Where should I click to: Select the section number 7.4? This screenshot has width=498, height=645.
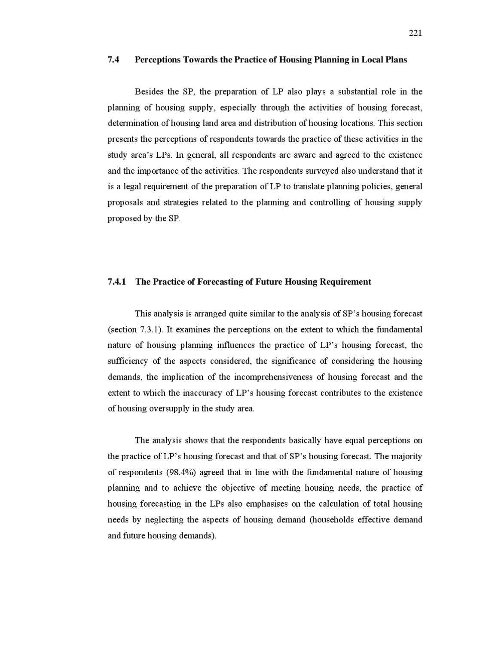pos(113,60)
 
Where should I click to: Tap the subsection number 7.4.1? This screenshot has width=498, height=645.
pos(116,282)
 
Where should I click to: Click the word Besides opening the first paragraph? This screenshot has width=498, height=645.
pos(149,92)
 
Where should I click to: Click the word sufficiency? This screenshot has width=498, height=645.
pos(128,361)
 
